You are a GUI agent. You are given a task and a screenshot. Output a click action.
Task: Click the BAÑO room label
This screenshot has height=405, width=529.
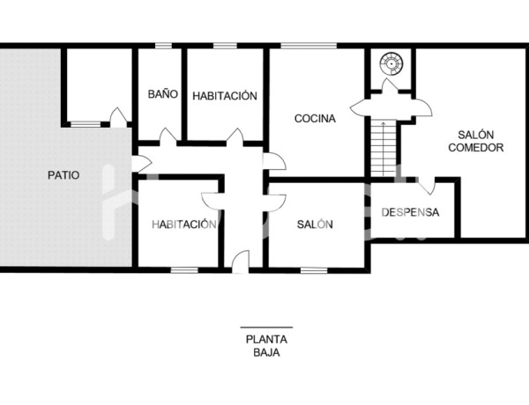(x=163, y=94)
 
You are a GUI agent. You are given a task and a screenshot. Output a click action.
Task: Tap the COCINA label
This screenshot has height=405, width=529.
(x=315, y=119)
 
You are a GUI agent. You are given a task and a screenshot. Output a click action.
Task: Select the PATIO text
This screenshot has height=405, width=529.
(x=63, y=175)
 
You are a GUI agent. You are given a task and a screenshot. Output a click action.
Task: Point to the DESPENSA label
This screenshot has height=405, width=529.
(x=410, y=213)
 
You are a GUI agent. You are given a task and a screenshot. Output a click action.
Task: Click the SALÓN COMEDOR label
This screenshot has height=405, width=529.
(x=475, y=141)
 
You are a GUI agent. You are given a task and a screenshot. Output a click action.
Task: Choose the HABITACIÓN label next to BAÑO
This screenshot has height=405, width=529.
(x=225, y=95)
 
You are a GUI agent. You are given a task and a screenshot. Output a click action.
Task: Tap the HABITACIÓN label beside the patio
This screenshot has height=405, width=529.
(x=183, y=225)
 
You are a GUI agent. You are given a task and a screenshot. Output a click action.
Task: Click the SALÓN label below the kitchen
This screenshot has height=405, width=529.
(x=315, y=225)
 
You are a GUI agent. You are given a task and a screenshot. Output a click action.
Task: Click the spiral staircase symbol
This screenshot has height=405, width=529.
(x=390, y=63)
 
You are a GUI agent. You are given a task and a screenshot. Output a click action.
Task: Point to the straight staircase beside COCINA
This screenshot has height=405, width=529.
(x=384, y=148)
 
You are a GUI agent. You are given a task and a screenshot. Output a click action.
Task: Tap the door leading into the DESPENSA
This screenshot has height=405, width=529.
(x=426, y=186)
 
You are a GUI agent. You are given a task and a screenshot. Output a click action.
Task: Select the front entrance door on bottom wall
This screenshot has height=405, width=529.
(x=241, y=261)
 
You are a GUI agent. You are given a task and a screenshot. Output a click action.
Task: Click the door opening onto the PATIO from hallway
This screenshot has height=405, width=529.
(x=140, y=163)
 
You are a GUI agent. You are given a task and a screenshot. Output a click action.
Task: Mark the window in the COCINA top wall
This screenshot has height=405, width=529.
(x=308, y=46)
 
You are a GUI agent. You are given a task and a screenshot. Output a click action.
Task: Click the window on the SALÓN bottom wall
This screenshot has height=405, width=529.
(x=313, y=269)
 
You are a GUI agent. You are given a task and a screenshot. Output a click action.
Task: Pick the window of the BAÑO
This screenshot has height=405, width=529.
(x=163, y=46)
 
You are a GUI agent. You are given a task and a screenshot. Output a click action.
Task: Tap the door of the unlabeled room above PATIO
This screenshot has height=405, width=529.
(x=117, y=117)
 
